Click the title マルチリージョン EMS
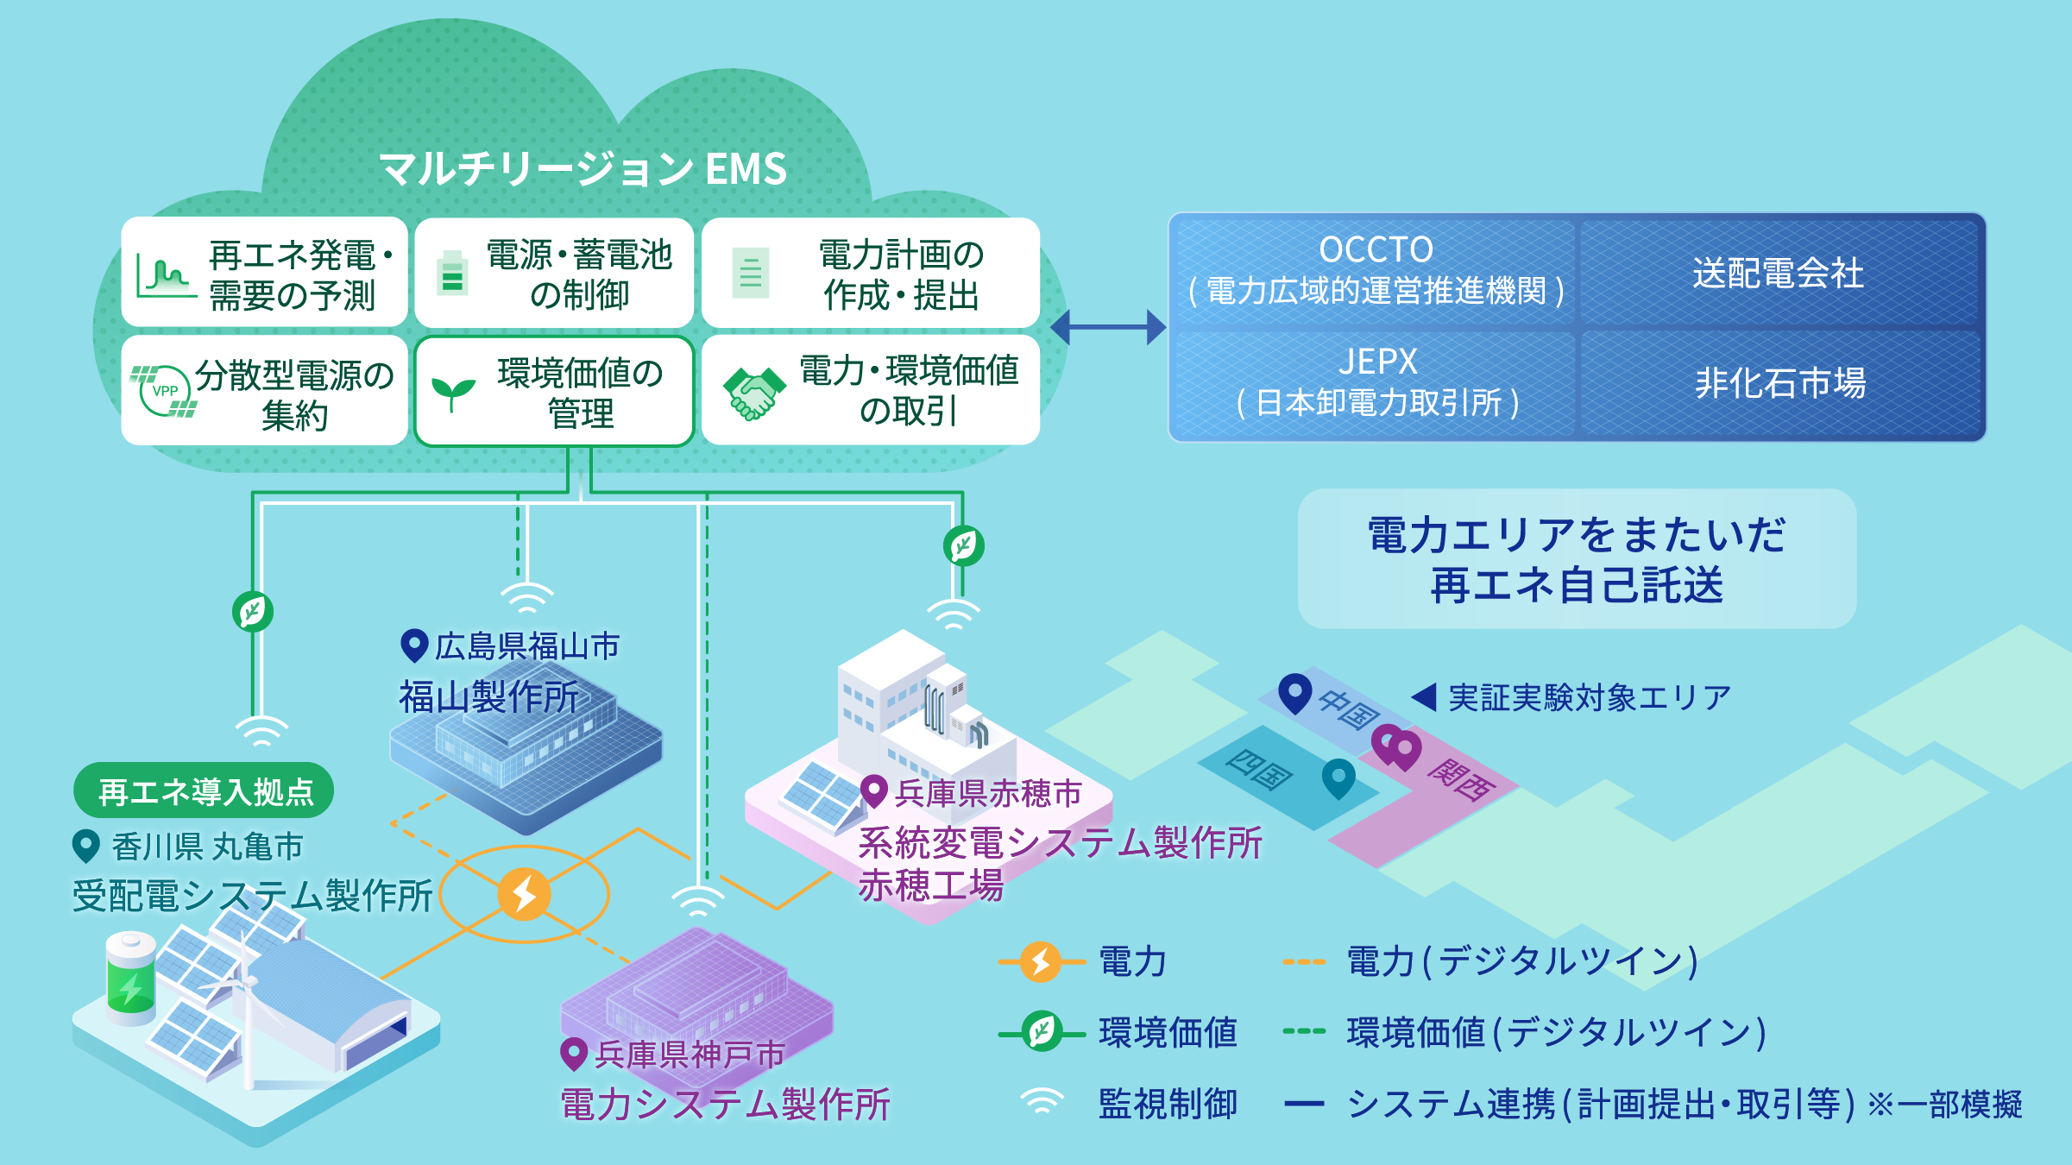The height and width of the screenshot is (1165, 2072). tap(583, 168)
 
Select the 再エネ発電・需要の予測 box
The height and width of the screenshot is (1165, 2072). tap(264, 273)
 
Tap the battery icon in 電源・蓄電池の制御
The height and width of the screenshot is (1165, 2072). tap(452, 273)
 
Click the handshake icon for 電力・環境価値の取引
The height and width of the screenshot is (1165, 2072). tap(753, 394)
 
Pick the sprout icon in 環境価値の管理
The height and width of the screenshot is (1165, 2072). tap(453, 394)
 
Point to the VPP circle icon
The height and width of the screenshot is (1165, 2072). tap(164, 391)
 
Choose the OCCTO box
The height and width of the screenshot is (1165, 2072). tap(1376, 271)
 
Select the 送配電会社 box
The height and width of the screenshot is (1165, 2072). tap(1779, 273)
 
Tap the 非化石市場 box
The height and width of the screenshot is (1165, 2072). tap(1780, 382)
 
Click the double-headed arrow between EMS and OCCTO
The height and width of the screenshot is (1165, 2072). tap(1109, 327)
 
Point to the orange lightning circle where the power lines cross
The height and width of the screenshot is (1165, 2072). tap(524, 893)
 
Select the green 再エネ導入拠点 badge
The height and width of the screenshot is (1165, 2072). tap(205, 791)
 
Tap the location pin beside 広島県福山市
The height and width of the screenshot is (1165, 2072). tap(414, 645)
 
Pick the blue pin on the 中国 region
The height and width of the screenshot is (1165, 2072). tap(1294, 692)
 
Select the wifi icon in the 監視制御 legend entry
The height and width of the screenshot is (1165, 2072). tap(1042, 1102)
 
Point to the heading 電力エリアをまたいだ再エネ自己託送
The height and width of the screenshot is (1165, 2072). tap(1577, 559)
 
